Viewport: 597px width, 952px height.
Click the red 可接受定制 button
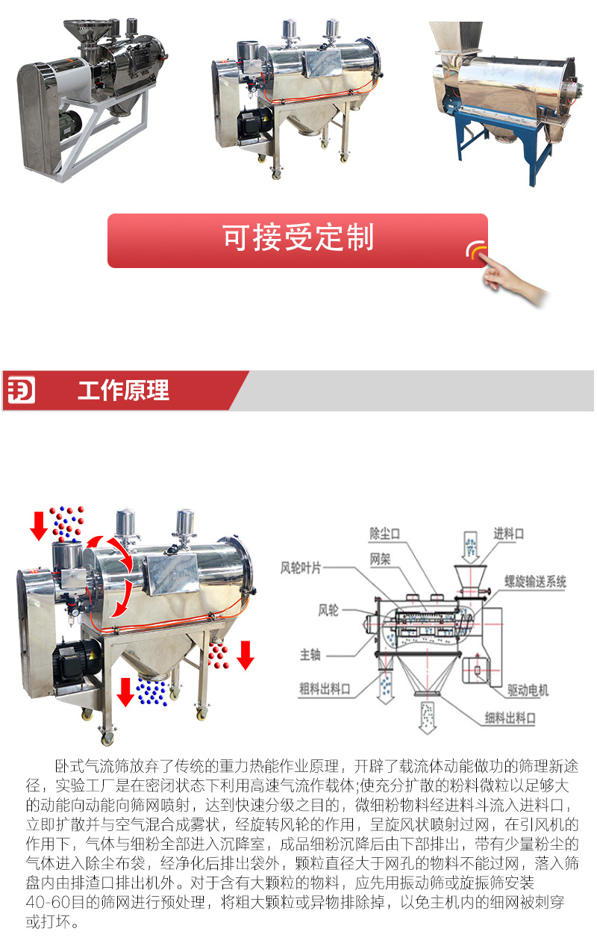[x=298, y=240]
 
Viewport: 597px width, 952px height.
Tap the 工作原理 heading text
[x=123, y=391]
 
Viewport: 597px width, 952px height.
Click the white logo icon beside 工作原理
[x=21, y=390]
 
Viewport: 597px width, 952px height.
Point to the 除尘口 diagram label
[x=384, y=534]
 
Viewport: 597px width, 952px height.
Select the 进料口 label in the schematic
[x=508, y=533]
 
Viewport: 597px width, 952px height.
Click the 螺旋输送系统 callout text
[x=535, y=582]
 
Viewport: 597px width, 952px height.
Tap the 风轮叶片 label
[x=301, y=567]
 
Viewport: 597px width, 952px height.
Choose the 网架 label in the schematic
[x=380, y=559]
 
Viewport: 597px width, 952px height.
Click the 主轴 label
[x=310, y=655]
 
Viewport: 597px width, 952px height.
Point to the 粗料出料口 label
[x=325, y=688]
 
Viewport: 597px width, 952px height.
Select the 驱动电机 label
[x=528, y=690]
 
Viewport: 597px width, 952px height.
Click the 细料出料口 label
[x=510, y=718]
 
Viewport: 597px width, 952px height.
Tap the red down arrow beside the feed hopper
[x=39, y=526]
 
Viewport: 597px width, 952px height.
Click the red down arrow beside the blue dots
[x=125, y=692]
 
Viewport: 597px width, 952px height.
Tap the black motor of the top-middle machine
[x=254, y=124]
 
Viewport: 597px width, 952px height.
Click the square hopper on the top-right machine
[x=456, y=39]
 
